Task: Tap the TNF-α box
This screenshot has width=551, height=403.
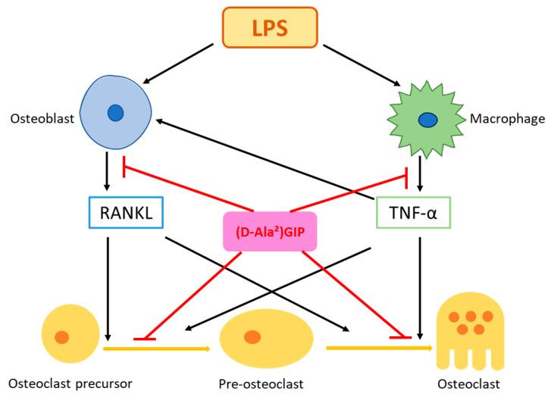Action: point(414,214)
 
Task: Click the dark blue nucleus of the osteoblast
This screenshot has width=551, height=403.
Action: point(114,113)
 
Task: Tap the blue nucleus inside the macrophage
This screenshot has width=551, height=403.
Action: point(428,120)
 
